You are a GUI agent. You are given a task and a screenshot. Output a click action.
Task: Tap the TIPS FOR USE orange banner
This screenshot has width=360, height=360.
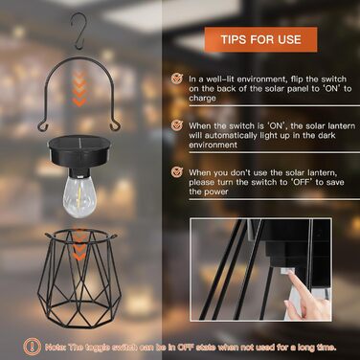[260, 39]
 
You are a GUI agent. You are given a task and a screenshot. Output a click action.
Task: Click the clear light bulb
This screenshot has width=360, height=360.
[79, 196]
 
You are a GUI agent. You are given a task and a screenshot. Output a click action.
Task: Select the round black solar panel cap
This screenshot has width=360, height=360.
[79, 152]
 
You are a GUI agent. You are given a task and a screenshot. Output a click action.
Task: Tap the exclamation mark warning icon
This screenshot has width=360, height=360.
[32, 347]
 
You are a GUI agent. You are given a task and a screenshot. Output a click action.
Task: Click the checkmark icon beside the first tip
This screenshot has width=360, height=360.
[177, 79]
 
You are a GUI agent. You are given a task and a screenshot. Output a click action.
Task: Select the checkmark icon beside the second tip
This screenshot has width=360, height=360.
[177, 125]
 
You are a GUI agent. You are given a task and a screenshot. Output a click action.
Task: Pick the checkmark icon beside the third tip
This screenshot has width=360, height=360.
[177, 172]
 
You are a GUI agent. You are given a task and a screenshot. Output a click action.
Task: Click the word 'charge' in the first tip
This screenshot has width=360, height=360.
[202, 99]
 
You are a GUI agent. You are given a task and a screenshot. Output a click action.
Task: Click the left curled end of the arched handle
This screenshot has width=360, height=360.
[42, 126]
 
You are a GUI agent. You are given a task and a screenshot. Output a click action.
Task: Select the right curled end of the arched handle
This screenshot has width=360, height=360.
[116, 126]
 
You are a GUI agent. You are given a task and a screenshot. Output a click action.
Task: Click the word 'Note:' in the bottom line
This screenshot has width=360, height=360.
[56, 348]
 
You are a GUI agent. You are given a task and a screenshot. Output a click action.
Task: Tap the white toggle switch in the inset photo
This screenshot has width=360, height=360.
[287, 271]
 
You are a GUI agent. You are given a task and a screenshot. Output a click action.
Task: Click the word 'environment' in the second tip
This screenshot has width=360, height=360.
[213, 145]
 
